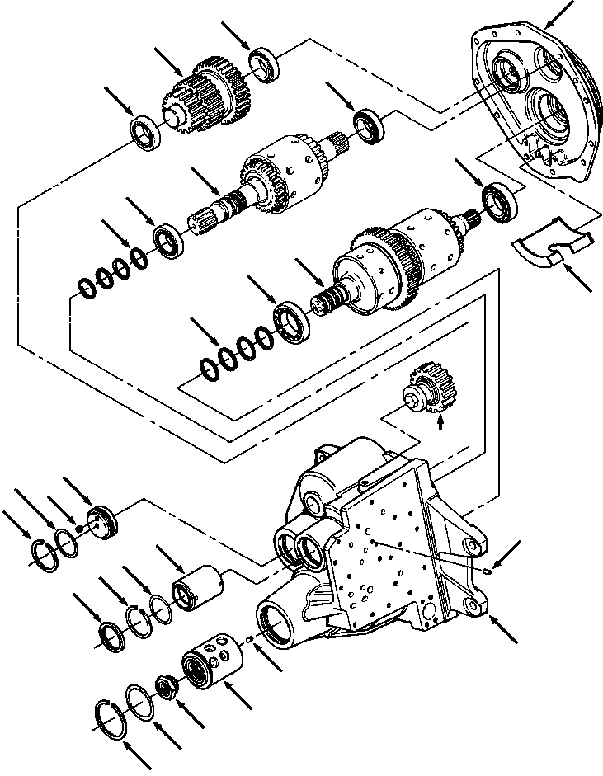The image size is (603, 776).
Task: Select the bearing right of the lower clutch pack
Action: tap(500, 203)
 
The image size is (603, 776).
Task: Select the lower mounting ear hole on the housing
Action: tap(474, 607)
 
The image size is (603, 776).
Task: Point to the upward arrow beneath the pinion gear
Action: tap(440, 421)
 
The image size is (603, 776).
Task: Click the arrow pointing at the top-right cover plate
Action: tap(568, 12)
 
